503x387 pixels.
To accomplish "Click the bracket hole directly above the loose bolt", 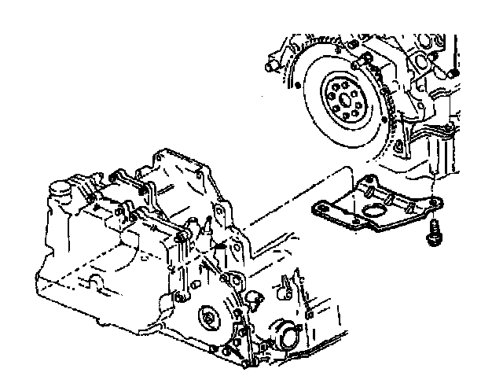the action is pyautogui.click(x=432, y=206).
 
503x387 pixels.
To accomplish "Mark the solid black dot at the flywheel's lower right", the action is pyautogui.click(x=398, y=146).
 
